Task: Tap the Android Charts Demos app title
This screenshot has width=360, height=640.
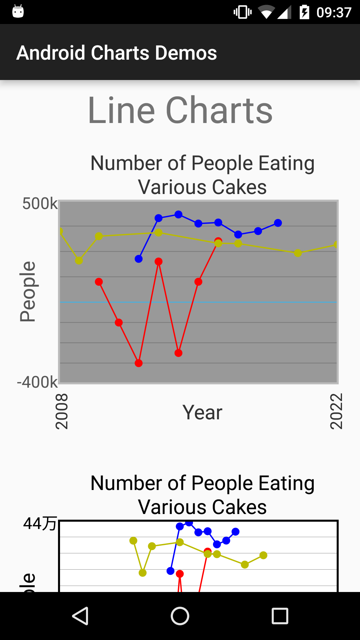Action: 117,53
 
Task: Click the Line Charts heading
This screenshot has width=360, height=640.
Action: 180,110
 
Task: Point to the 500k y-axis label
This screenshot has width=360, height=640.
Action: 40,203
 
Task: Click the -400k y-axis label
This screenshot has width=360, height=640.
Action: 37,382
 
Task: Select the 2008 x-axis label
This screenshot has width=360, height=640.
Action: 62,411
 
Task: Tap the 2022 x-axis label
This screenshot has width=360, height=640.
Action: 336,411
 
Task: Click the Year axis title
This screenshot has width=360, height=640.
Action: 202,412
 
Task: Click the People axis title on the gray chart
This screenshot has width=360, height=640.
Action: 27,292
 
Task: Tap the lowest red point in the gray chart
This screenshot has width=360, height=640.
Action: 139,363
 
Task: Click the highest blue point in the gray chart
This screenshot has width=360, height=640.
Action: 178,214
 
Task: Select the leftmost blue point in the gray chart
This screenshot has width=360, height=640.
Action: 139,259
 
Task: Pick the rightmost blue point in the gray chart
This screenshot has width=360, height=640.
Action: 278,223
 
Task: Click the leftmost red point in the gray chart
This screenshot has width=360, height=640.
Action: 99,282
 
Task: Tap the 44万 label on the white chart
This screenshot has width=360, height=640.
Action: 40,523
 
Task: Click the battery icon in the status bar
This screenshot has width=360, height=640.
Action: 304,12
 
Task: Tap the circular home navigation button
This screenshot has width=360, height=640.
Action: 180,616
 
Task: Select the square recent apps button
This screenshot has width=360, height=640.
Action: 280,616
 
